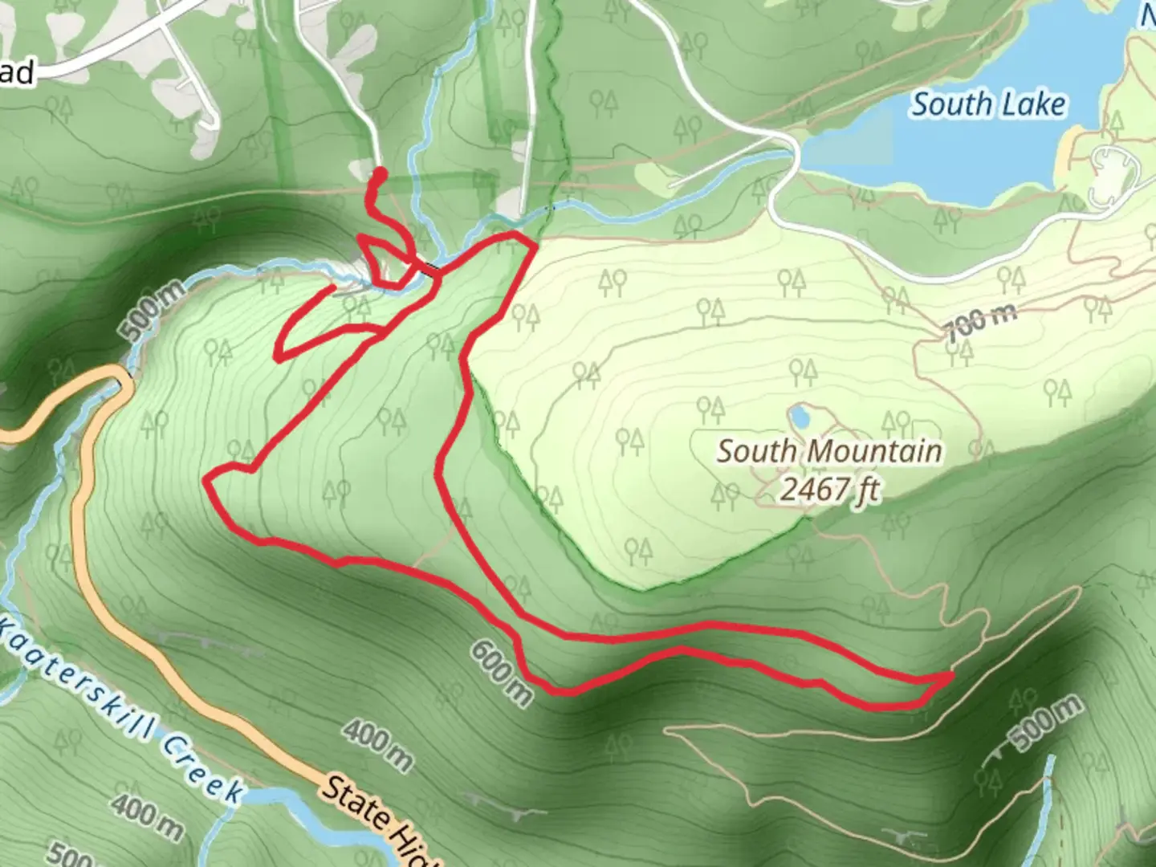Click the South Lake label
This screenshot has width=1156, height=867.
pyautogui.click(x=988, y=104)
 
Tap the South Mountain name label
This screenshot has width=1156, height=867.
pyautogui.click(x=828, y=451)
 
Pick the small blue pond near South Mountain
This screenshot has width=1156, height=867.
pyautogui.click(x=799, y=417)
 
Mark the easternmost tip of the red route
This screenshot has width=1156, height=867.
pyautogui.click(x=952, y=677)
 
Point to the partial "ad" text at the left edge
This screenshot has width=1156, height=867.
pyautogui.click(x=16, y=74)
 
